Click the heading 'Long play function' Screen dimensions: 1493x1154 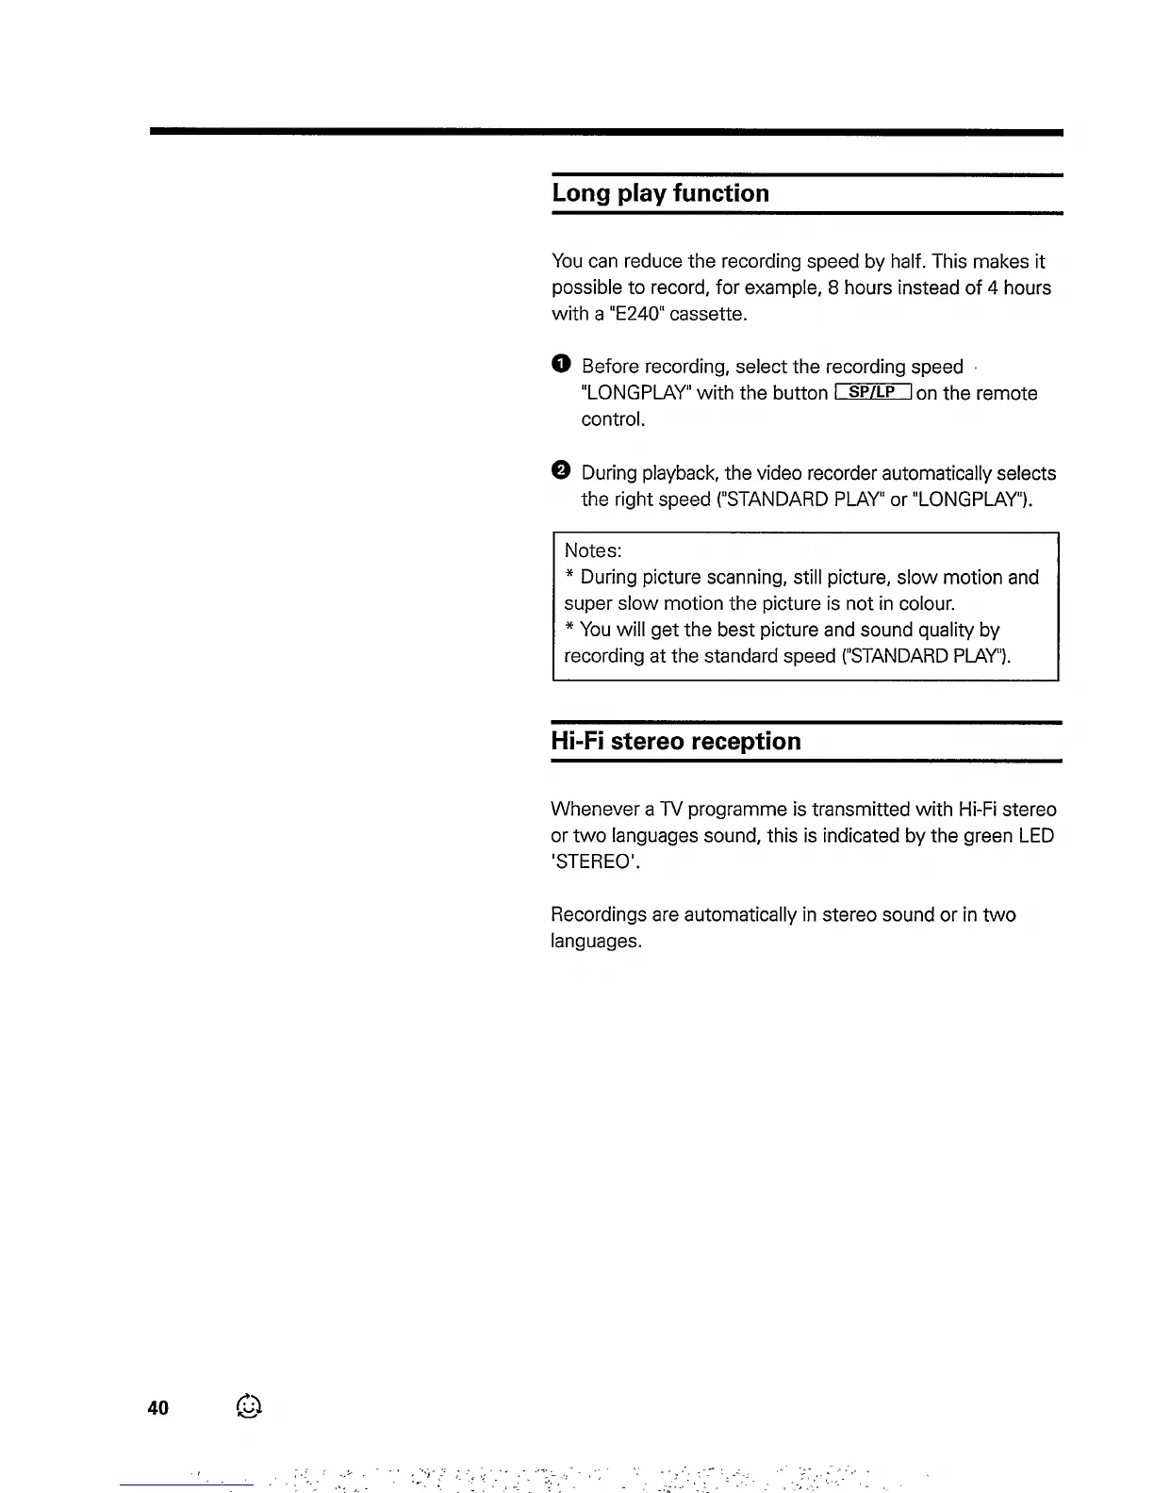coord(660,193)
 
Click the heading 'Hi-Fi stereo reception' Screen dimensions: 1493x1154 coord(675,741)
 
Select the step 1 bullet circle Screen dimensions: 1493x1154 coord(561,365)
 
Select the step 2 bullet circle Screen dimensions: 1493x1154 coord(561,470)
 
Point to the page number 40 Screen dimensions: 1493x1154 coord(158,1408)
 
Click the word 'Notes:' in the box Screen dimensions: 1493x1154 coord(592,550)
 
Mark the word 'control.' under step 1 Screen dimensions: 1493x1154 coord(613,419)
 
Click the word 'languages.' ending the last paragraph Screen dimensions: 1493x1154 coord(596,942)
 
